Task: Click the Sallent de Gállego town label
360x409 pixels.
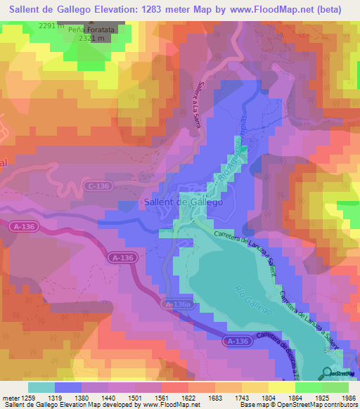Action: (x=183, y=202)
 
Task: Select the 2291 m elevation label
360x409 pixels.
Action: (x=51, y=25)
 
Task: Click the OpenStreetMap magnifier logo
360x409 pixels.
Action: (x=328, y=372)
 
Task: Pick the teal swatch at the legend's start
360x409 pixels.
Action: (x=41, y=387)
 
